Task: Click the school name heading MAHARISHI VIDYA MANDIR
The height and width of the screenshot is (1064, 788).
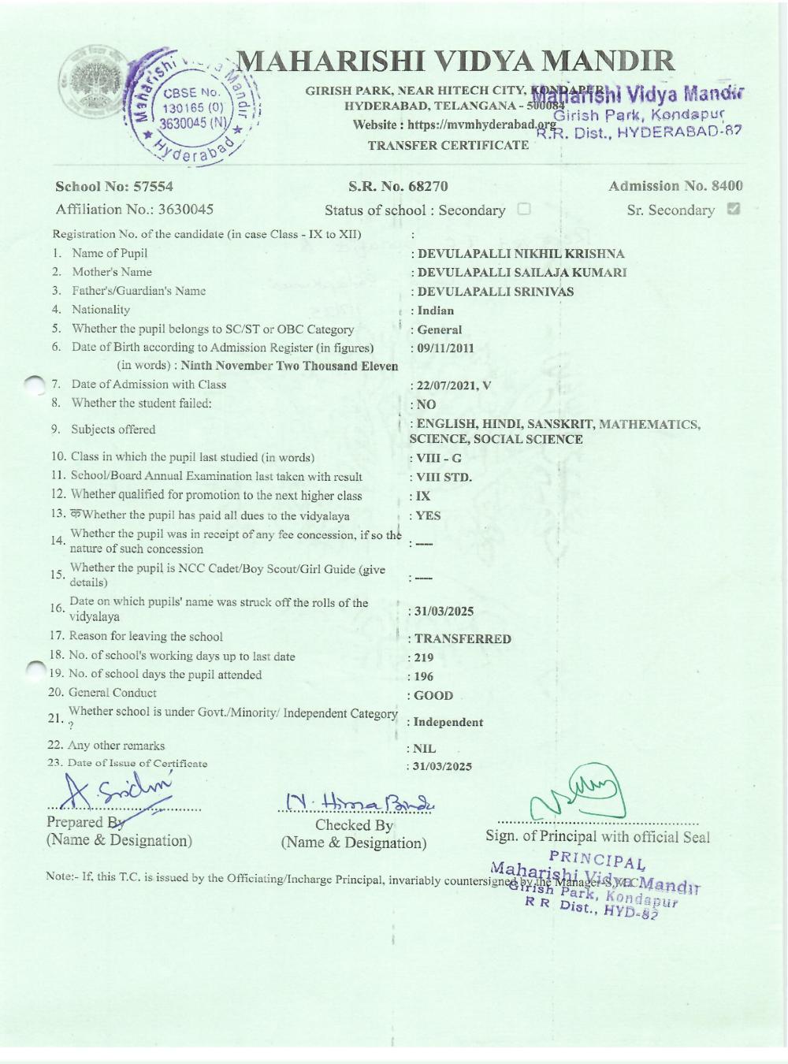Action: pos(455,61)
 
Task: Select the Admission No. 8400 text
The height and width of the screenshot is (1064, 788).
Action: pos(675,186)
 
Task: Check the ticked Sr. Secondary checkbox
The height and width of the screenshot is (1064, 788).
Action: pos(733,210)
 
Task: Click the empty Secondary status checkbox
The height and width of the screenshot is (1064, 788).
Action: pos(524,210)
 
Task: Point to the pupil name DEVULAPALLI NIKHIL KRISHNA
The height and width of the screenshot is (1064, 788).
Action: pos(520,254)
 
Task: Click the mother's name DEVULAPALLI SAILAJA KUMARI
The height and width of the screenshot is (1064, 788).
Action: pos(522,273)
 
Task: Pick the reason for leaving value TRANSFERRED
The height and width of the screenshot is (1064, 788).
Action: pos(463,639)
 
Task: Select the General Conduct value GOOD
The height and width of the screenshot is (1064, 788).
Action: pos(433,696)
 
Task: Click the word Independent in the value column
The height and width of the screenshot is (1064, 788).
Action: pos(448,722)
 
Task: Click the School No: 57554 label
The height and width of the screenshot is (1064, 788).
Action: pos(114,187)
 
